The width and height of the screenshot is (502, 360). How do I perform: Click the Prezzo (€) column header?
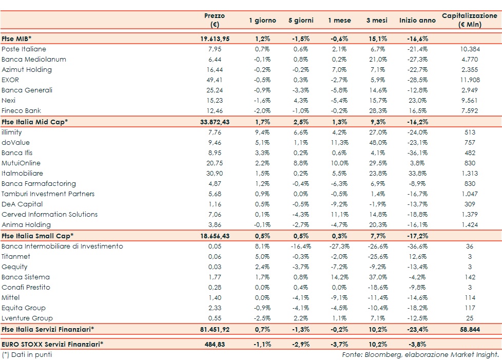tap(215, 20)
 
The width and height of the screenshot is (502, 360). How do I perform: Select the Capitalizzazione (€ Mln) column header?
tap(469, 20)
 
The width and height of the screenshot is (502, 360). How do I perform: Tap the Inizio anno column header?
tap(417, 21)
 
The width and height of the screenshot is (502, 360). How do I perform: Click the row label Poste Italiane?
tap(24, 49)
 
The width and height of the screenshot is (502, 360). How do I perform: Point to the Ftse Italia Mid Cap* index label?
tap(35, 122)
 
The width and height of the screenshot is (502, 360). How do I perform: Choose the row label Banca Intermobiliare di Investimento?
tap(62, 247)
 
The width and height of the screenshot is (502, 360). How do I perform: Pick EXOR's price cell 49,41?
tap(215, 80)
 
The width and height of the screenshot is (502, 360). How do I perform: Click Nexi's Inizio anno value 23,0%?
tap(417, 101)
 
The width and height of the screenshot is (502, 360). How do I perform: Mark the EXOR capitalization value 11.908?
tap(470, 80)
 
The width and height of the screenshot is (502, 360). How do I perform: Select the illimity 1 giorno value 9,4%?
tap(262, 132)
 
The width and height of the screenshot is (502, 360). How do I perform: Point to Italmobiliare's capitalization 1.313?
tap(470, 174)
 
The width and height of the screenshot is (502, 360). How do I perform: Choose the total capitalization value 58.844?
tap(470, 329)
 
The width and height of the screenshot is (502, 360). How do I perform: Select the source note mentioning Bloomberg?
tap(420, 354)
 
